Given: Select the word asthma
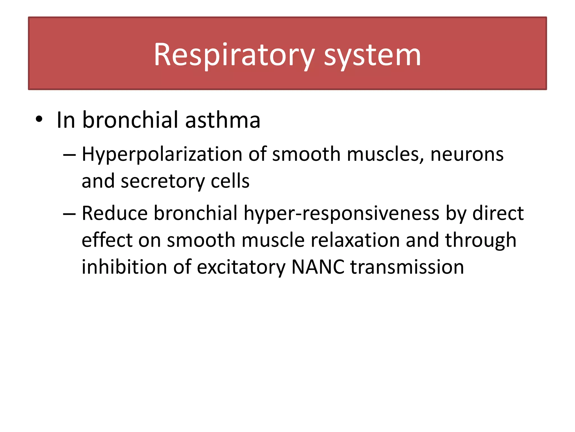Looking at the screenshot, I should point(223,120).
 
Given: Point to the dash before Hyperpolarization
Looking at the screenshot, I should point(69,155).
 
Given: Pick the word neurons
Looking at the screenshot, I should point(467,155).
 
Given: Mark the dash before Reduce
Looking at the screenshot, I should point(69,214).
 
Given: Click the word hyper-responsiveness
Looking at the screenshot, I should point(341,214).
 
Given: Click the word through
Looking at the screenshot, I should point(480,240).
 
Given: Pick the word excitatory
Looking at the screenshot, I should point(241,267).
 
